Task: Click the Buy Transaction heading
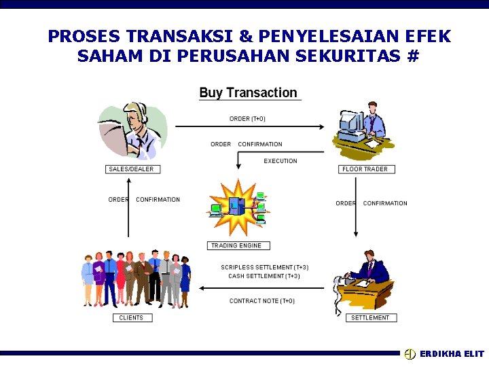point(248,93)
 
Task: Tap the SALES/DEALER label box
point(131,169)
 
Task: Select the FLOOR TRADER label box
point(365,169)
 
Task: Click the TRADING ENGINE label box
point(238,245)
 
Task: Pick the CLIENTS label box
point(131,317)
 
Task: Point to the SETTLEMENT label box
point(370,317)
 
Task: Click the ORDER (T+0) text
point(247,119)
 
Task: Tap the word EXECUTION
point(280,161)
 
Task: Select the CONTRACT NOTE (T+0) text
point(261,301)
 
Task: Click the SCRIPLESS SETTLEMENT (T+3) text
point(264,267)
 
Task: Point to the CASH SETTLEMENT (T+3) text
point(264,276)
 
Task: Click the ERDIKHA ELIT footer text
point(452,354)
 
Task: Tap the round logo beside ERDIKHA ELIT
point(410,354)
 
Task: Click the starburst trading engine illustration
point(237,207)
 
